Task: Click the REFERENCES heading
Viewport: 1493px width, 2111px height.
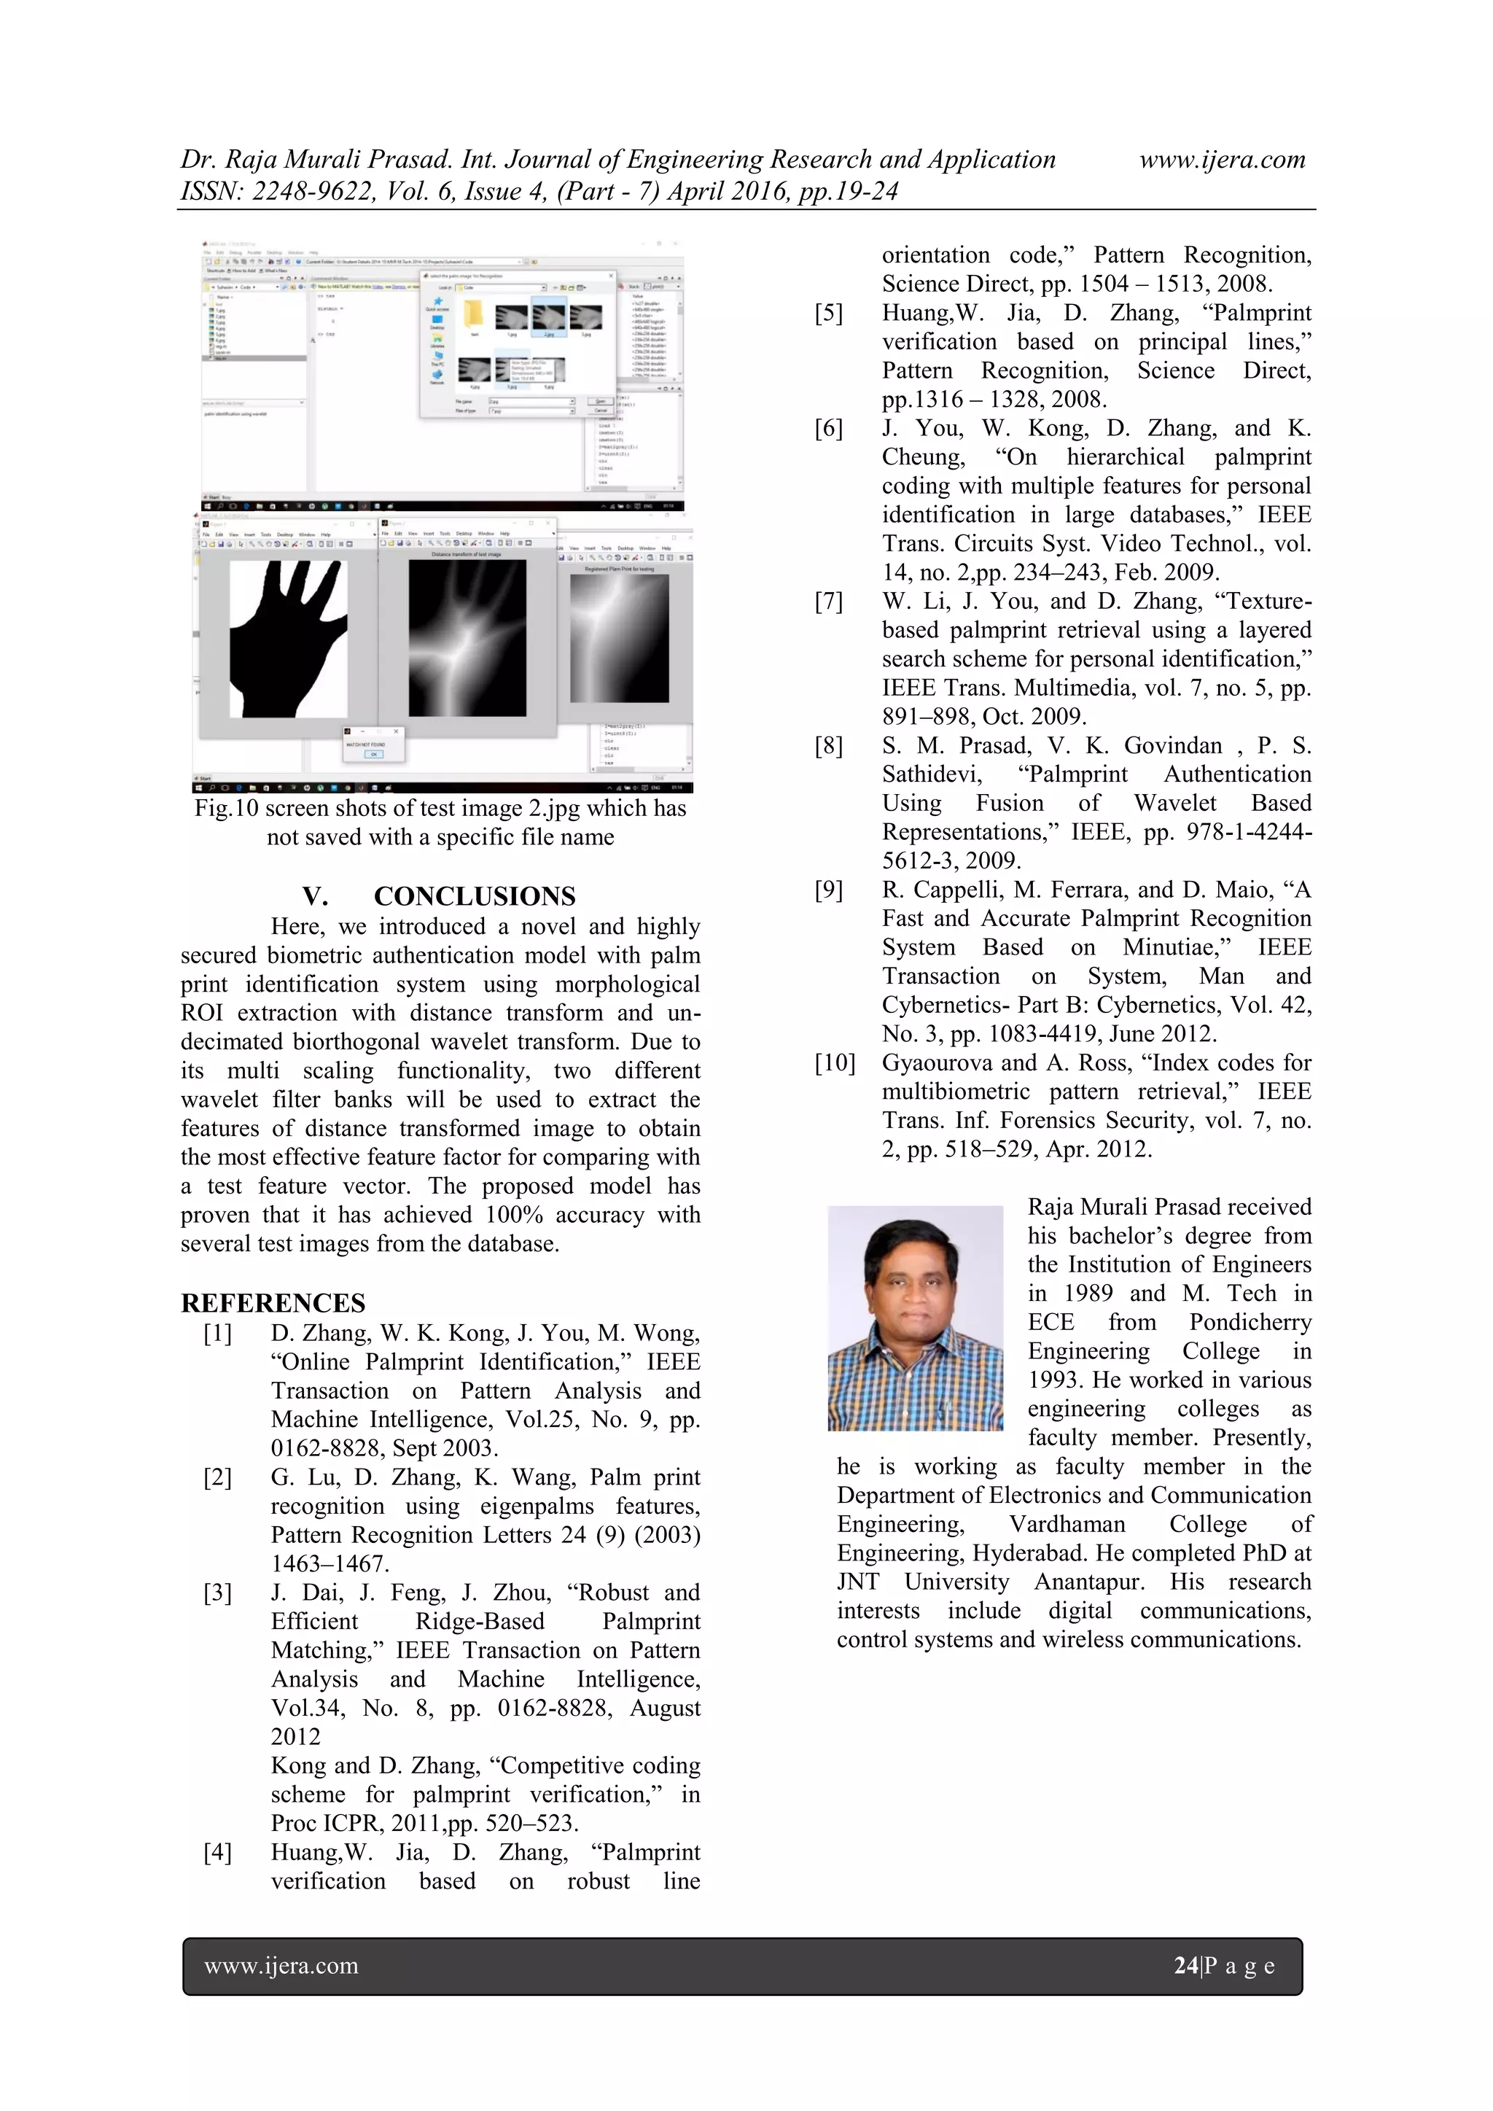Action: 273,1303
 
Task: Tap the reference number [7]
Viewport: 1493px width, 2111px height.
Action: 827,602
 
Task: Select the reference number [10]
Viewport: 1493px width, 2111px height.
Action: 834,1063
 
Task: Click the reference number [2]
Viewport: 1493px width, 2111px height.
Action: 217,1477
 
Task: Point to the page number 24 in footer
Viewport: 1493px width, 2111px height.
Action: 1185,1966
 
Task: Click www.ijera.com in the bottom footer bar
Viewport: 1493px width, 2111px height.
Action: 281,1966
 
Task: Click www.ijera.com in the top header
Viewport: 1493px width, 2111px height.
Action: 1222,159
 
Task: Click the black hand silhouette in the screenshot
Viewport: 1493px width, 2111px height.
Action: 281,644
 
